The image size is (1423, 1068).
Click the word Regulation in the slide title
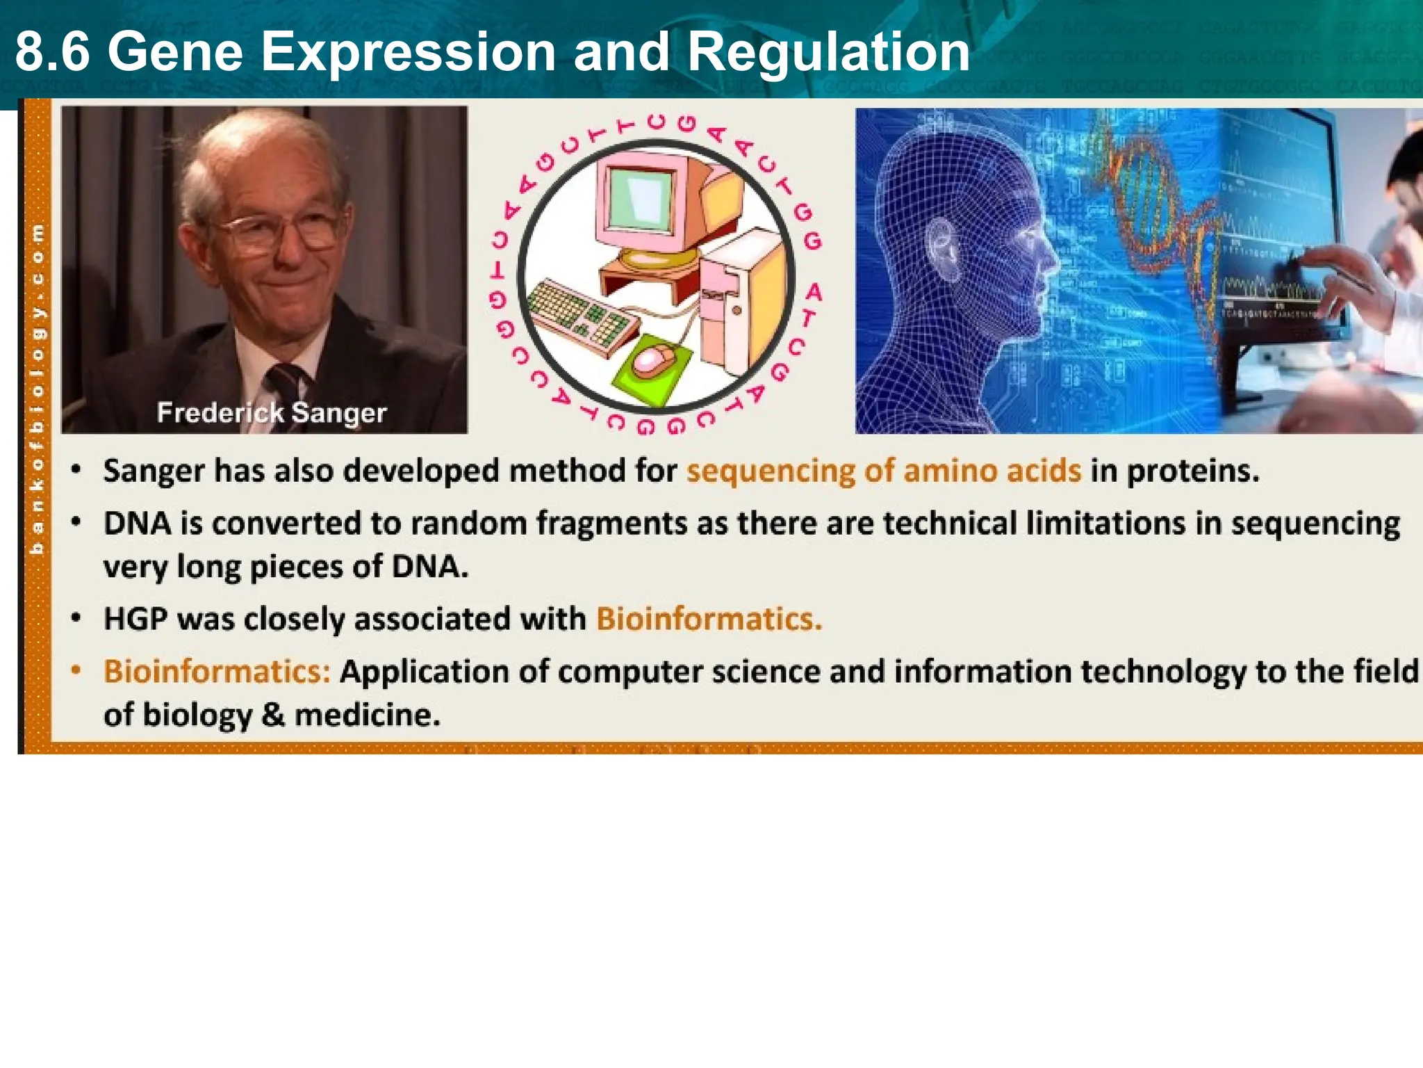[828, 52]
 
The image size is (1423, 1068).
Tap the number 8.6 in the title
[53, 52]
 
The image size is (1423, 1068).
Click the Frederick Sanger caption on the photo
[271, 413]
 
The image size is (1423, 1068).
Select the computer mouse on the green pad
[653, 360]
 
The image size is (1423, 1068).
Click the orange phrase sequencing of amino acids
[884, 471]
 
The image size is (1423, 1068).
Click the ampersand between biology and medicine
[273, 715]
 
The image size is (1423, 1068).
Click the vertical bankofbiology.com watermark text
[38, 389]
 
